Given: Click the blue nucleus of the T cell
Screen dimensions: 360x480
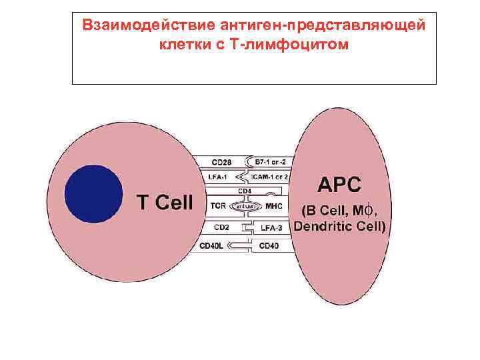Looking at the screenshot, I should tap(94, 193).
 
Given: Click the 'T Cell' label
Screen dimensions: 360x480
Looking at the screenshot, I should tap(165, 201).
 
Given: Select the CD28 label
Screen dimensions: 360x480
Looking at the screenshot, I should tap(222, 161).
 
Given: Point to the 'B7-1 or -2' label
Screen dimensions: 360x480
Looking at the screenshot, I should tap(271, 161).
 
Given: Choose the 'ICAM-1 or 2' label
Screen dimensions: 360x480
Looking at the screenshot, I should tap(269, 177).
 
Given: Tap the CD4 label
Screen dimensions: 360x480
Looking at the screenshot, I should tap(244, 191).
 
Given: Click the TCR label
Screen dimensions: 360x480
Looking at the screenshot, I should tap(217, 206).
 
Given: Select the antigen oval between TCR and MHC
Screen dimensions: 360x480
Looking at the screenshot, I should tap(245, 206).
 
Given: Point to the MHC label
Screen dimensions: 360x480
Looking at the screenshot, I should tap(274, 206).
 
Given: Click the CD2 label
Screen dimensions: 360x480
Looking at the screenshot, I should tap(220, 227).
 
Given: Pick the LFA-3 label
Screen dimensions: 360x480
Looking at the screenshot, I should tap(272, 228).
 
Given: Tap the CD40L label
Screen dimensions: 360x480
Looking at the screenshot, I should tap(215, 245).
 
